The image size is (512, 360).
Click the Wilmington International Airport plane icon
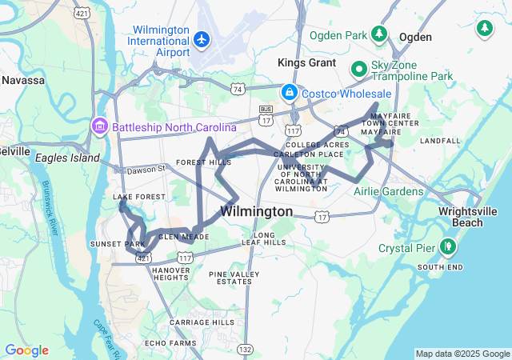click(x=200, y=38)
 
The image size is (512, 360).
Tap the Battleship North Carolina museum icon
click(x=100, y=126)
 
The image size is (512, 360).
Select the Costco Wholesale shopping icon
click(x=288, y=92)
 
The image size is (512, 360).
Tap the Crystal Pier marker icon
click(x=447, y=246)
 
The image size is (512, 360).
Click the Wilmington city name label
click(x=256, y=212)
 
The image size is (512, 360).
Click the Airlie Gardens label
click(x=389, y=191)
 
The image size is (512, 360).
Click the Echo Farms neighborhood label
click(x=193, y=343)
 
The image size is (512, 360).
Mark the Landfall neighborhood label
click(x=440, y=141)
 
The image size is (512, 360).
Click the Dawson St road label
click(x=145, y=169)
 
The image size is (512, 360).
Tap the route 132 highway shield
click(x=245, y=349)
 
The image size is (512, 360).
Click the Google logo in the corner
click(x=26, y=350)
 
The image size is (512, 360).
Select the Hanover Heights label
click(x=170, y=274)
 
